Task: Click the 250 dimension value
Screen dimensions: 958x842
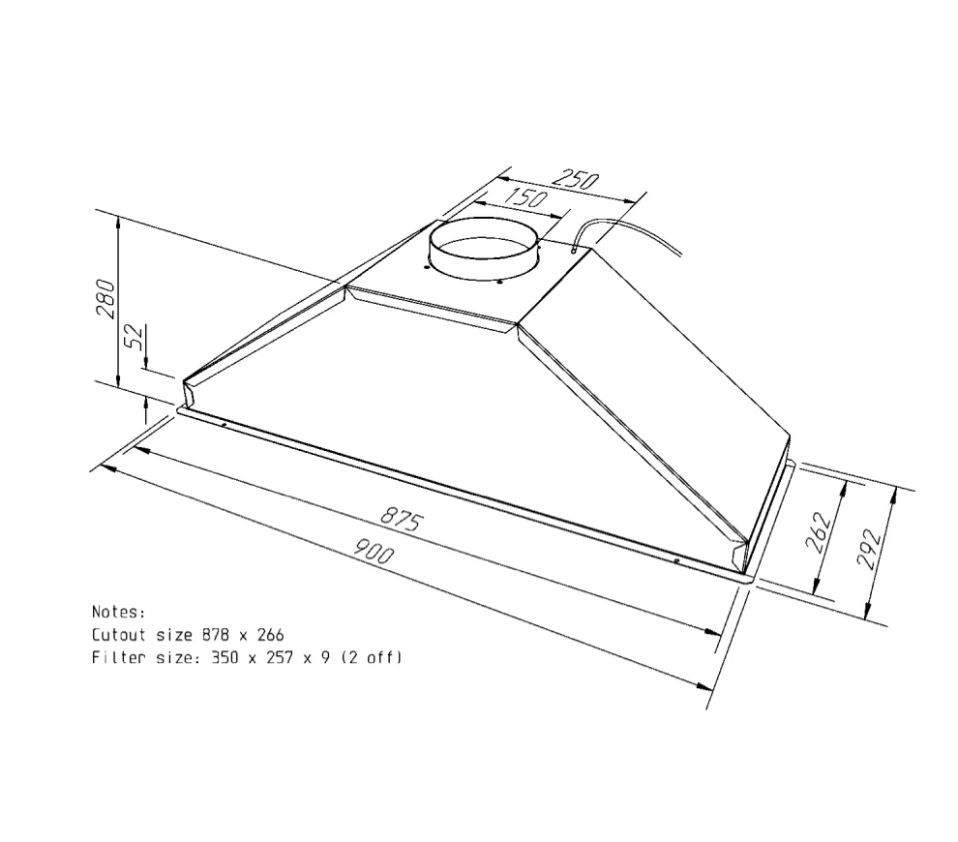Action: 575,179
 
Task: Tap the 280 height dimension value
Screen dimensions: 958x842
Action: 105,298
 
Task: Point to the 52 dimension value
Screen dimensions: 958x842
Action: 135,336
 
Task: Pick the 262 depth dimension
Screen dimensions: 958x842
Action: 819,531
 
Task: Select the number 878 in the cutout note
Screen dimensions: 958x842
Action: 217,635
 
